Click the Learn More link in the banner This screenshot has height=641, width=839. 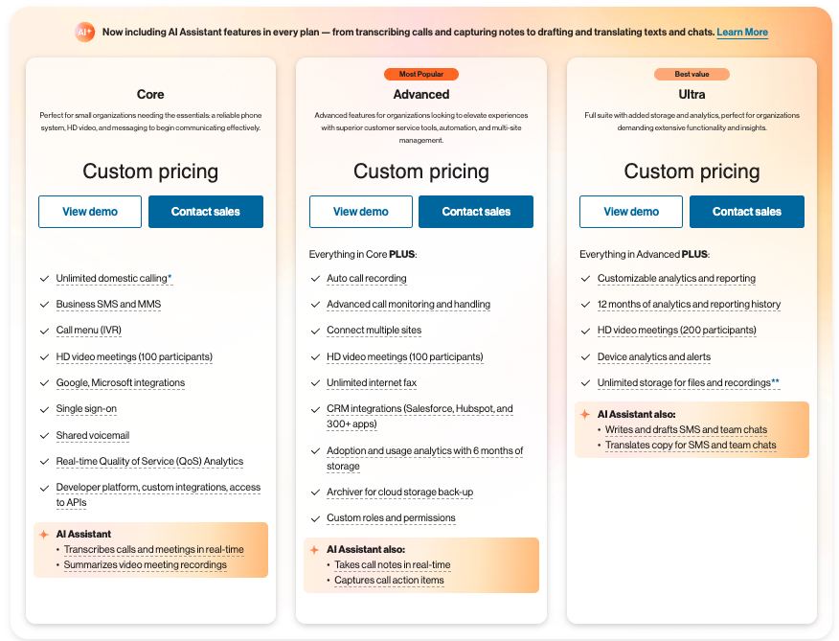742,33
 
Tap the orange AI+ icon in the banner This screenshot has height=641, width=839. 84,33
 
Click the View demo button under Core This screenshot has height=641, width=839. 90,212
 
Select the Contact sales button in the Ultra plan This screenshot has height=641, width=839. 746,212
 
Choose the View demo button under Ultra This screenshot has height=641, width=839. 631,212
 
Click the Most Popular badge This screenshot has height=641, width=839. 421,74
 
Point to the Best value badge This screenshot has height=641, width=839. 692,74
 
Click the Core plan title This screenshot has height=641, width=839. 150,94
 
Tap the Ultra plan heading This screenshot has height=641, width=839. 692,94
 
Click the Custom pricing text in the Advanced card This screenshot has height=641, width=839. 421,172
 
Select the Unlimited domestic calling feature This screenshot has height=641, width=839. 114,279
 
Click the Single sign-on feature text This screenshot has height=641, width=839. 86,408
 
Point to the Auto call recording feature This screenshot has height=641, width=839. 367,279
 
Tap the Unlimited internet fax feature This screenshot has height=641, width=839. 372,383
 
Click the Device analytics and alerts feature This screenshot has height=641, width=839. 654,356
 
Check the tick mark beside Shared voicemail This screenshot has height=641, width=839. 44,436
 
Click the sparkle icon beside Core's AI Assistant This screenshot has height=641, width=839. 44,535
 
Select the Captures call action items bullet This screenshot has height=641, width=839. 389,580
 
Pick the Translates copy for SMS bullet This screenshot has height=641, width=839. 691,445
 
